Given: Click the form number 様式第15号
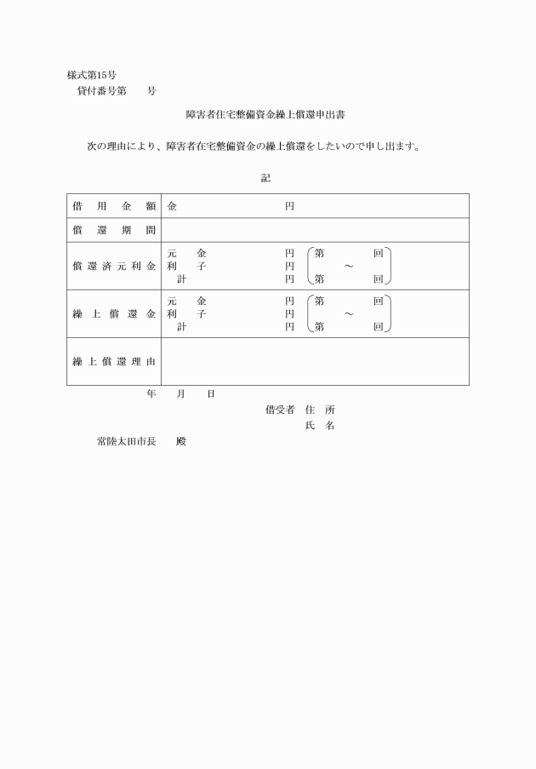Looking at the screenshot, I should [91, 75].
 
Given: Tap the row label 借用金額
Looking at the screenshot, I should [114, 206].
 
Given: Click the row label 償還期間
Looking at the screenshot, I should [114, 230].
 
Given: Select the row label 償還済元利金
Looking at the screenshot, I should [114, 266].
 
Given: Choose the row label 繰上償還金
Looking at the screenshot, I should [114, 313].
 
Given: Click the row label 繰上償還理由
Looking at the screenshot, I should [114, 361].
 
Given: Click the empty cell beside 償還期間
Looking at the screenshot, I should [315, 230].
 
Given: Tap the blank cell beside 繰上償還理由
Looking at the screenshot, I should [315, 361].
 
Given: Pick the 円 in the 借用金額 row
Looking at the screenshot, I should [289, 206].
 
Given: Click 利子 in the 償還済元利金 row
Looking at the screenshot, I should [186, 266].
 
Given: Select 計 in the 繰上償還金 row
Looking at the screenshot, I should [181, 326].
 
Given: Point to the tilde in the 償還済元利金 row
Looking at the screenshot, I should [349, 267].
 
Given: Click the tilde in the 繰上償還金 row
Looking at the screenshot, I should [349, 314].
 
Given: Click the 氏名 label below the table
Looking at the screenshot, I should [319, 426].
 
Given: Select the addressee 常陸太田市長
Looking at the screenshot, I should [126, 442].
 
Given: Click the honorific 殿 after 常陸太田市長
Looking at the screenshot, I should [180, 442].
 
